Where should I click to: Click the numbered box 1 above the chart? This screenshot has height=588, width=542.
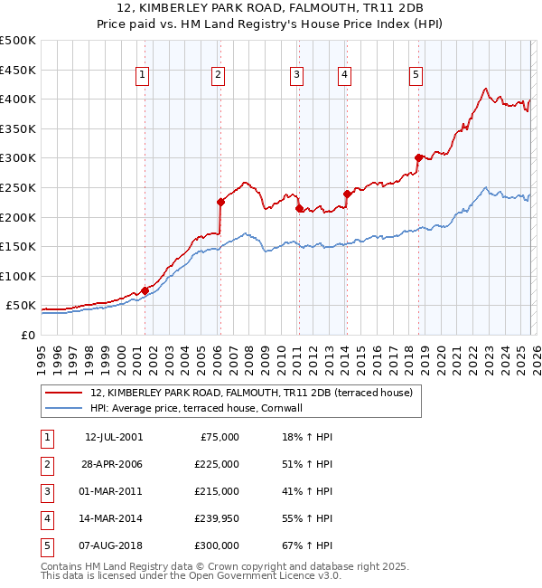point(144,76)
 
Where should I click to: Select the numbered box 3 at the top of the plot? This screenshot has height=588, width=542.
point(296,76)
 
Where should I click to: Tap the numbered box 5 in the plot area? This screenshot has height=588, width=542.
point(416,76)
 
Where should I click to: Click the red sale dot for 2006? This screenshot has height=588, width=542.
point(220,203)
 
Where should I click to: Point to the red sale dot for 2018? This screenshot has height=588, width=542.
point(418,157)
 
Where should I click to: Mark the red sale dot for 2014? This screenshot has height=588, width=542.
point(347,193)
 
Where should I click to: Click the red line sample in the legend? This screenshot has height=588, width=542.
point(63,393)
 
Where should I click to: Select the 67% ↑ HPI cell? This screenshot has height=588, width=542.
point(307,545)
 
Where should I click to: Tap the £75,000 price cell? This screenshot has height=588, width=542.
point(219,437)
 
